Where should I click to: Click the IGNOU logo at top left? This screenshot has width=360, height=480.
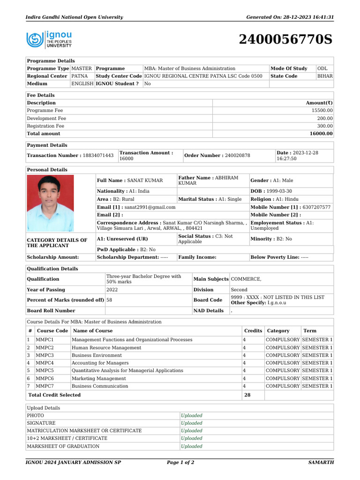[x=49, y=39]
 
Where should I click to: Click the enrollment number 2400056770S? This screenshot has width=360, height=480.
[x=285, y=40]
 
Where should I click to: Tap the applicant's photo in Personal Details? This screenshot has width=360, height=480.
[x=50, y=202]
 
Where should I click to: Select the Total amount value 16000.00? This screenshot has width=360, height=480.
[x=321, y=134]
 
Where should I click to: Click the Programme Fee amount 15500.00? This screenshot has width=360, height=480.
[x=322, y=111]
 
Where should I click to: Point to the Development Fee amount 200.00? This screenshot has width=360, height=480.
[x=325, y=119]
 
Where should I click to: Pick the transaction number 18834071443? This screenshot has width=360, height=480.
[x=98, y=156]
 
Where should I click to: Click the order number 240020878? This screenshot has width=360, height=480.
[x=237, y=156]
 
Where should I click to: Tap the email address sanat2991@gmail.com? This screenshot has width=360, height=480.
[x=150, y=207]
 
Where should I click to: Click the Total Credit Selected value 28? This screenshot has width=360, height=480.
[x=247, y=395]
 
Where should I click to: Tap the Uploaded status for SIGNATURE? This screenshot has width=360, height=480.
[x=192, y=423]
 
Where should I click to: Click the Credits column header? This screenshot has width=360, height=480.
[x=253, y=331]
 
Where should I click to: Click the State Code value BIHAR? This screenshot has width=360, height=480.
[x=325, y=76]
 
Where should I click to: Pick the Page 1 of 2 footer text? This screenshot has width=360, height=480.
[x=180, y=463]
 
